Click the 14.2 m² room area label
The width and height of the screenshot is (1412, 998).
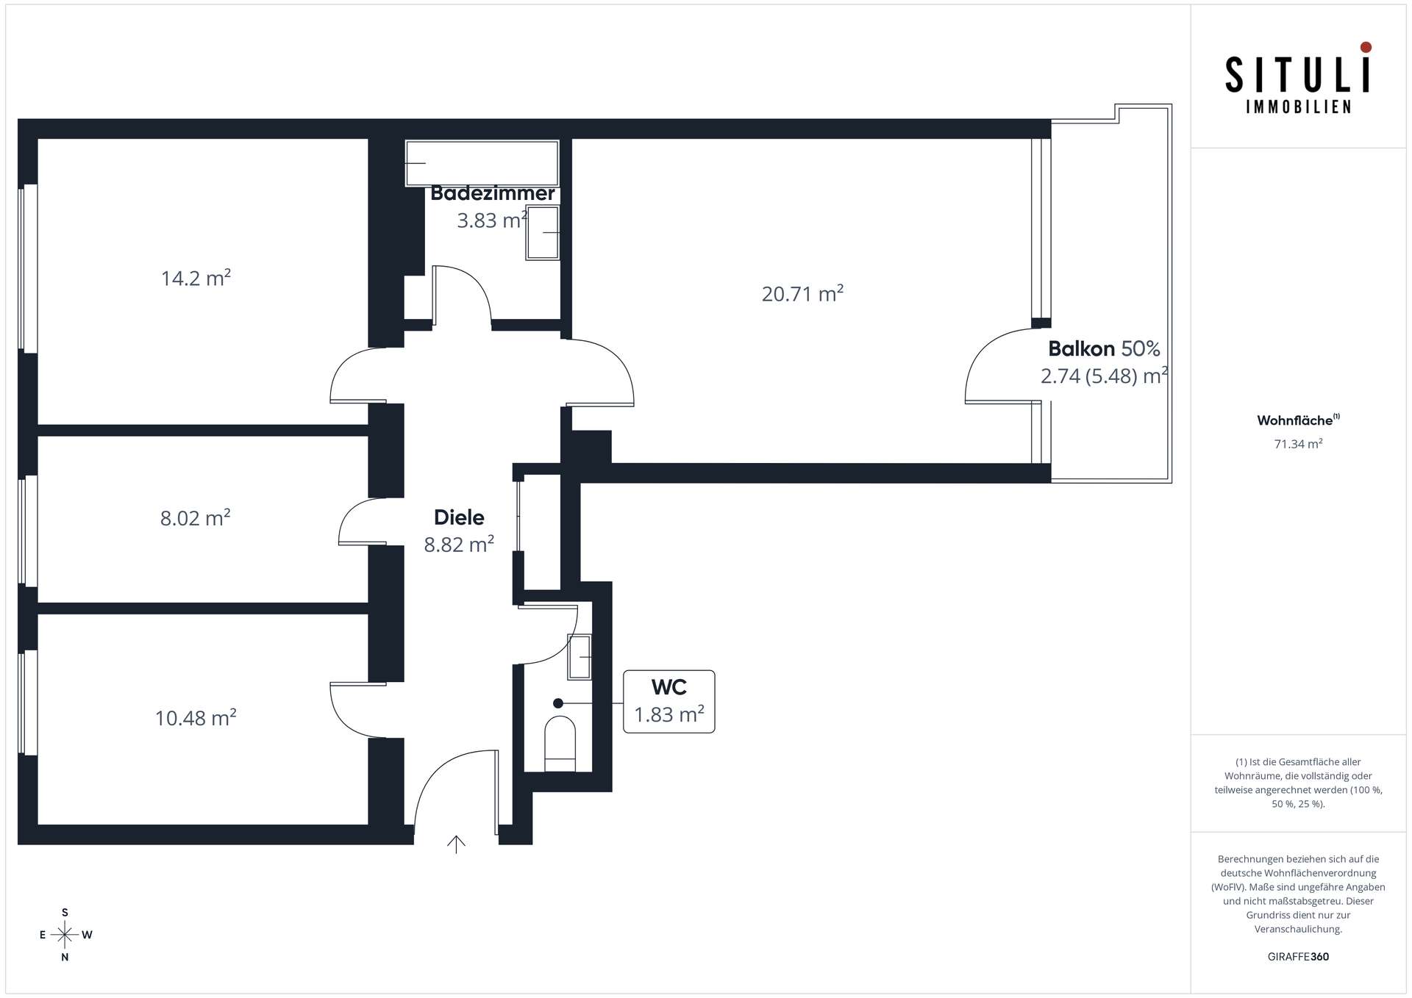[x=196, y=278]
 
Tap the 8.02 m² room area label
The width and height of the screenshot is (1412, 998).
[x=195, y=517]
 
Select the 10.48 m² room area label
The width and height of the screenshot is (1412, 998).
[x=196, y=717]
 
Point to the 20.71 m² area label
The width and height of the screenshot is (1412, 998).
[x=802, y=294]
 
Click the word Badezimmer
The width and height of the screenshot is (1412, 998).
[x=493, y=193]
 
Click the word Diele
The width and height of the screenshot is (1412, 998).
[x=459, y=517]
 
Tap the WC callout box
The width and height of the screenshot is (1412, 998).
[x=669, y=701]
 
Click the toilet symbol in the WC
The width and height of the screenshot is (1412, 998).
[x=560, y=743]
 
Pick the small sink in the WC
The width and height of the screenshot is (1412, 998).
[x=580, y=656]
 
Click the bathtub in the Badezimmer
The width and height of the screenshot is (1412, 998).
[x=482, y=163]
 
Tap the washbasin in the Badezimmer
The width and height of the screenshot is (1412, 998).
[x=543, y=233]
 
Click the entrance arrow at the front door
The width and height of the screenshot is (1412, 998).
[x=457, y=844]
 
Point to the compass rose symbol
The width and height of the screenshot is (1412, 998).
[x=65, y=935]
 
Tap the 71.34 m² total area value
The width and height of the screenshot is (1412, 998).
[x=1298, y=444]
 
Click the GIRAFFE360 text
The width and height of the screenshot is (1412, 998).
[x=1298, y=957]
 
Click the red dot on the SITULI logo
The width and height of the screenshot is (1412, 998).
[x=1366, y=47]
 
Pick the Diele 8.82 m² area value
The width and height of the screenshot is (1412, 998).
[x=459, y=545]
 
